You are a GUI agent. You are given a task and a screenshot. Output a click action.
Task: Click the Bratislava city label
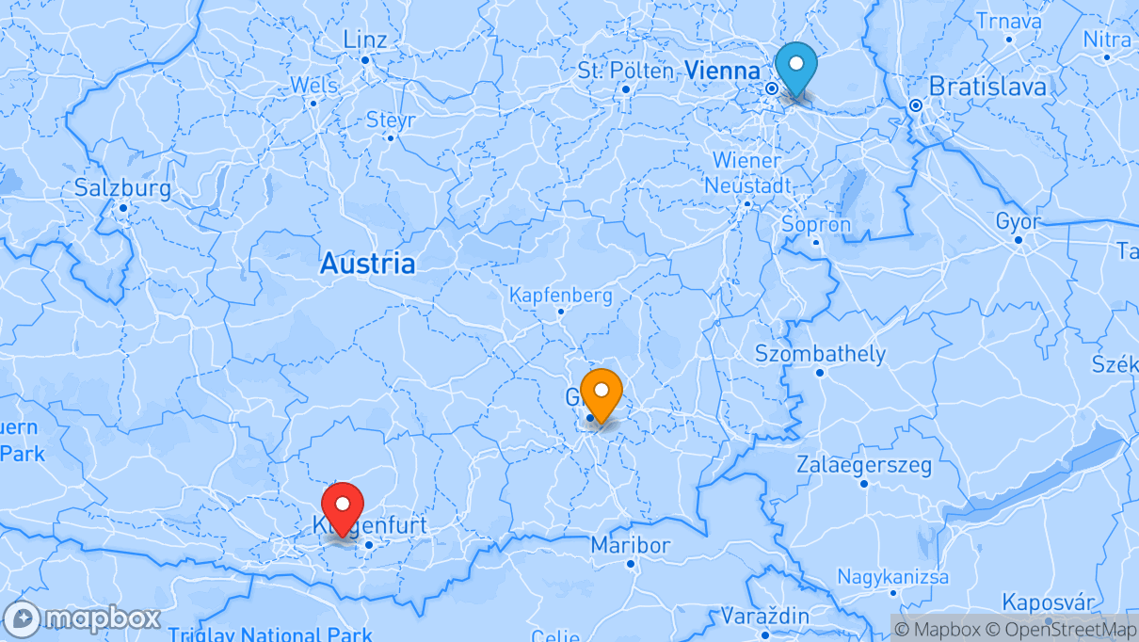[x=987, y=87]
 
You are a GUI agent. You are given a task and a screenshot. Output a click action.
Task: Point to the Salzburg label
[x=122, y=188]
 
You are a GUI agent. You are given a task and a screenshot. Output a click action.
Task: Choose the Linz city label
[x=365, y=40]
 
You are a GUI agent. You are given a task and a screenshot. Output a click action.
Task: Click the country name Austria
[x=367, y=264]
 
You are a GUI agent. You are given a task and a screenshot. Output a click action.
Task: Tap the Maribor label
[x=631, y=545]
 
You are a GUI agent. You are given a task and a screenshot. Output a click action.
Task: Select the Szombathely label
[x=820, y=354]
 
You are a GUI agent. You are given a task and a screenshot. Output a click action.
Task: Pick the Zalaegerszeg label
[x=864, y=465]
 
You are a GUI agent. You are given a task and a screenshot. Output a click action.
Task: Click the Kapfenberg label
[x=560, y=295]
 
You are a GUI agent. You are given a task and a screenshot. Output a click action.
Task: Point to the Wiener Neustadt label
[x=747, y=172]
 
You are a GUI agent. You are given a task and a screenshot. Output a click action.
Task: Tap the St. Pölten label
[x=626, y=71]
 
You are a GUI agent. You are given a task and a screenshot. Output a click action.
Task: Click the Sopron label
[x=816, y=225]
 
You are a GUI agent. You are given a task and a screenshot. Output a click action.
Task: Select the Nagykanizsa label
[x=893, y=576]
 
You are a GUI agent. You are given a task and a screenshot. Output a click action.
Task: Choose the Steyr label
[x=390, y=120]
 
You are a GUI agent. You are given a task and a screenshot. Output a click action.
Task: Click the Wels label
[x=313, y=85]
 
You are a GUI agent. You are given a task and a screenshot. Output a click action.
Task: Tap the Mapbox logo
[x=83, y=618]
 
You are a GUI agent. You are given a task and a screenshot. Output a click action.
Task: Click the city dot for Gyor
[x=1018, y=239]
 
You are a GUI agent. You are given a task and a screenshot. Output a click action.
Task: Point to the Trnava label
[x=1008, y=21]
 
